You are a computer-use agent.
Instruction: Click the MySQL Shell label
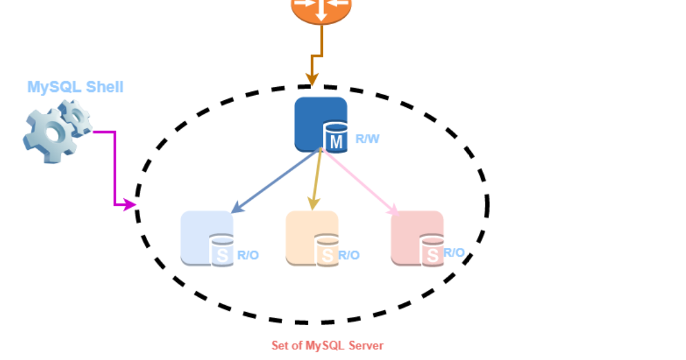point(76,87)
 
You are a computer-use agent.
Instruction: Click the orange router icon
point(321,9)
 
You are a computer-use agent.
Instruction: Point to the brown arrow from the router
point(319,56)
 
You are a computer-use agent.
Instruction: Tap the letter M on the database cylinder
point(336,142)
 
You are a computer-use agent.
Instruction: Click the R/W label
point(367,140)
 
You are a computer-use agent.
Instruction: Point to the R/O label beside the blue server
point(248,256)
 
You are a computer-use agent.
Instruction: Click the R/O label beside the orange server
point(348,256)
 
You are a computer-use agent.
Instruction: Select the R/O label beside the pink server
point(454,253)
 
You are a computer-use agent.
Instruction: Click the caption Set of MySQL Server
point(327,346)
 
